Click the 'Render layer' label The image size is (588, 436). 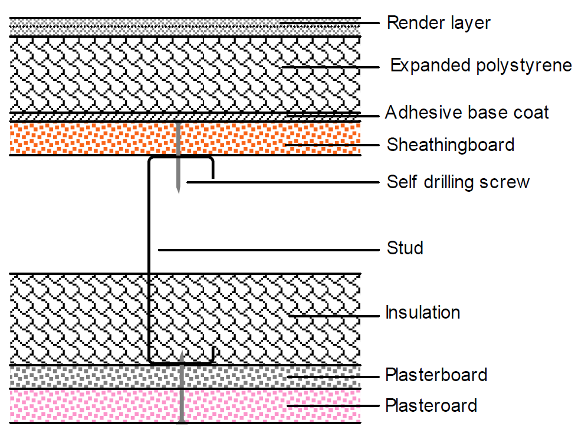[x=438, y=23]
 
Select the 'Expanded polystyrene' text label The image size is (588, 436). [x=481, y=65]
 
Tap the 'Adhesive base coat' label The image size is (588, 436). [x=467, y=112]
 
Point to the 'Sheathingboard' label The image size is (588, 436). [x=450, y=145]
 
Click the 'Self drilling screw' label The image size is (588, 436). [x=458, y=182]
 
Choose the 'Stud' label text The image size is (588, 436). [x=405, y=248]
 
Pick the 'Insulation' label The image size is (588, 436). [x=422, y=312]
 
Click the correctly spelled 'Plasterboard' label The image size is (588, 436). [x=436, y=375]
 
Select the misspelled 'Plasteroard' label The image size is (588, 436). [x=431, y=406]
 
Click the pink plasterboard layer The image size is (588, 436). [x=88, y=405]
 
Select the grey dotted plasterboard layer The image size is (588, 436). [x=88, y=376]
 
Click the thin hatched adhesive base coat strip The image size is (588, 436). [x=88, y=116]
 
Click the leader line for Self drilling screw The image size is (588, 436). [x=283, y=182]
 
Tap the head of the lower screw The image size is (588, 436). [x=182, y=421]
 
